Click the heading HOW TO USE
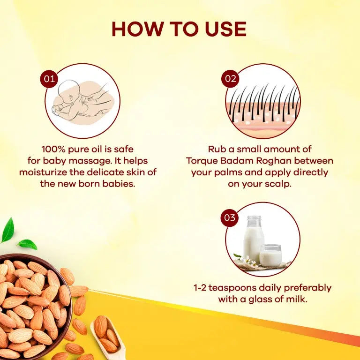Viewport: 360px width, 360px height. [179, 30]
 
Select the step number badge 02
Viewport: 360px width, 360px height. [230, 79]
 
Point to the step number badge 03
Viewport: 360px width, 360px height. [230, 217]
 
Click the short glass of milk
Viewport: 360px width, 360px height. [270, 255]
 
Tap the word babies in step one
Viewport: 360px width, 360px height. [119, 183]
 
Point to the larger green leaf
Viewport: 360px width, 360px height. [8, 230]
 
